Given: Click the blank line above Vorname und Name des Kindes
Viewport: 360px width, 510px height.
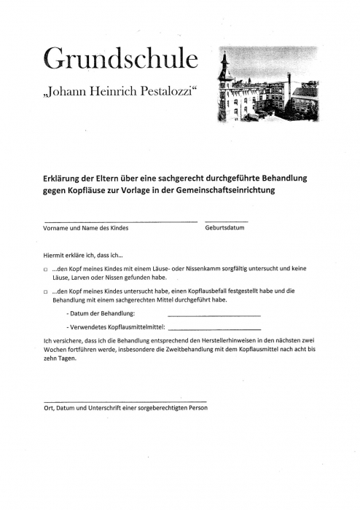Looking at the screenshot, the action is [120, 221].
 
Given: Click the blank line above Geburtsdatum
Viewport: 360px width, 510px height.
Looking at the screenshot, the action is [226, 221].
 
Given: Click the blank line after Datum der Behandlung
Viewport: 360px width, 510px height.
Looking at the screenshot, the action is [214, 315].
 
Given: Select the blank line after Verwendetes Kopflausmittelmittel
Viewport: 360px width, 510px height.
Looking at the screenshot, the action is [214, 329].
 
